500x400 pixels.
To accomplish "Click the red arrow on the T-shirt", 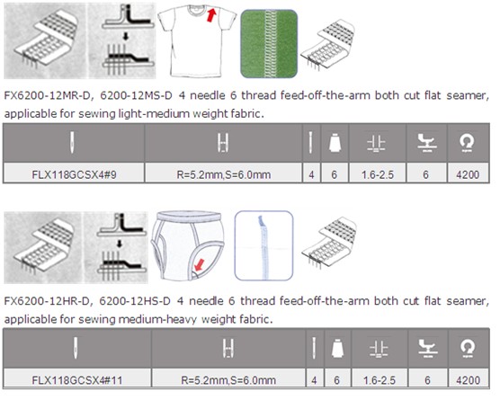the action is pos(211,15).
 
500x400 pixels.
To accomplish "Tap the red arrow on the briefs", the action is pos(199,265).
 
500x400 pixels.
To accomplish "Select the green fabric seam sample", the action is pos(269,44).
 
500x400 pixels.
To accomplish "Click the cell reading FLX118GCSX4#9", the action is pos(74,174).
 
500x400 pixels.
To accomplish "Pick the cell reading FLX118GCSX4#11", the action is pos(77,380).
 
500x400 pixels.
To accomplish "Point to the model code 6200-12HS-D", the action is pos(135,301).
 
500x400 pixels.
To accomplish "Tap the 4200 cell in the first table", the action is pos(468,174).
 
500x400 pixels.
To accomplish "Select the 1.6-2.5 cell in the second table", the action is pos(379,380).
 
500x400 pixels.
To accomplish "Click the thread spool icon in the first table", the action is pos(335,142).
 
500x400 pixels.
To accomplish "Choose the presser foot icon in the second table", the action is pos(427,348).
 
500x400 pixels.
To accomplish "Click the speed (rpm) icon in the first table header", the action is pos(467,142).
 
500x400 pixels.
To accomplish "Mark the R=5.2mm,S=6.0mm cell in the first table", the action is pos(224,174).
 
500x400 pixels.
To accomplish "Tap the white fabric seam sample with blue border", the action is pos(263,245).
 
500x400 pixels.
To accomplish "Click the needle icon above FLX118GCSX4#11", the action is pos(76,348).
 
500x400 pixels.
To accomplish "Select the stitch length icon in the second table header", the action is pos(379,349).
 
